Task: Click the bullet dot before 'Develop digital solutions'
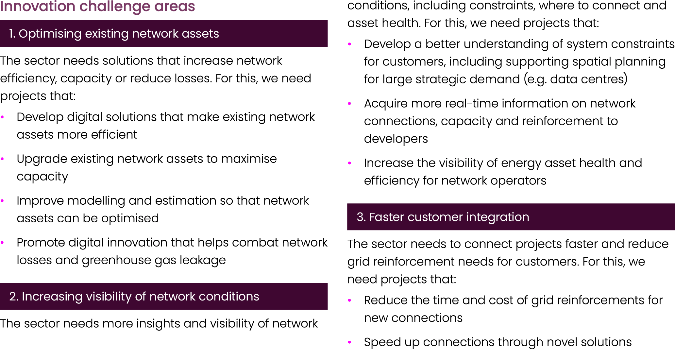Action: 2,117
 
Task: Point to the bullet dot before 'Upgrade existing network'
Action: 2,159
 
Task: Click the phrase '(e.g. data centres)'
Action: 575,79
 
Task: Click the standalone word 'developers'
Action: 396,139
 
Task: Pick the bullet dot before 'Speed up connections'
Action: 349,342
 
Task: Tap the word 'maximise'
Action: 249,159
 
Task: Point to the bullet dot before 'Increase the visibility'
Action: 349,163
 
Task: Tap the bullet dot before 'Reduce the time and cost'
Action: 349,300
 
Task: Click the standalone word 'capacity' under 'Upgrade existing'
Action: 42,177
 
